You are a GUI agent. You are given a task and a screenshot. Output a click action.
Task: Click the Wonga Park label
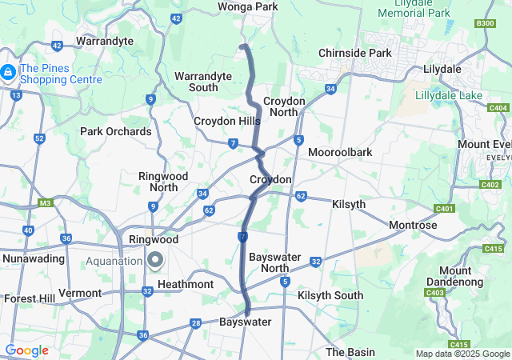coord(248,7)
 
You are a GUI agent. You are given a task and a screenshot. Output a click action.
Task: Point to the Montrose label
coord(413,226)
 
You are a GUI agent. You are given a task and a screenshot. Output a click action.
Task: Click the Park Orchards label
coord(115,131)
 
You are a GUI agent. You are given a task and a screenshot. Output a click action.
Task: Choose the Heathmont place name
coord(186,284)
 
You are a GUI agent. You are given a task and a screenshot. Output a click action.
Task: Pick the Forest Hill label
coord(28,298)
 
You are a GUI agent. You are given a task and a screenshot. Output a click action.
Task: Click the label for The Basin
coord(350,352)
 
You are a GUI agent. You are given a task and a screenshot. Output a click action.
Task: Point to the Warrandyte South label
coord(203,81)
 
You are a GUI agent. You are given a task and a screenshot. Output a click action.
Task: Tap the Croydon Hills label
coord(227,121)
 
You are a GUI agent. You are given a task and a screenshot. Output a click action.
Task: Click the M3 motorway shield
coord(45,202)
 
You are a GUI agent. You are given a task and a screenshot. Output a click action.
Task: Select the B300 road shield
coord(485,24)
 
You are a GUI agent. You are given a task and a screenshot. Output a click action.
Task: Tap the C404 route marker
coord(498,108)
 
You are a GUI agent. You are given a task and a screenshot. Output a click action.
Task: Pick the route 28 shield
coord(195,323)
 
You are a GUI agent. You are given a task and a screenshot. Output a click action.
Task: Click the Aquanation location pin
coord(155,259)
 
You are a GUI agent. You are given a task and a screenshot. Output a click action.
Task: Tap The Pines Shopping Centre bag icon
coord(7,73)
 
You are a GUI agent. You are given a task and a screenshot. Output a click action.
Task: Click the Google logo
coord(27,350)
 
